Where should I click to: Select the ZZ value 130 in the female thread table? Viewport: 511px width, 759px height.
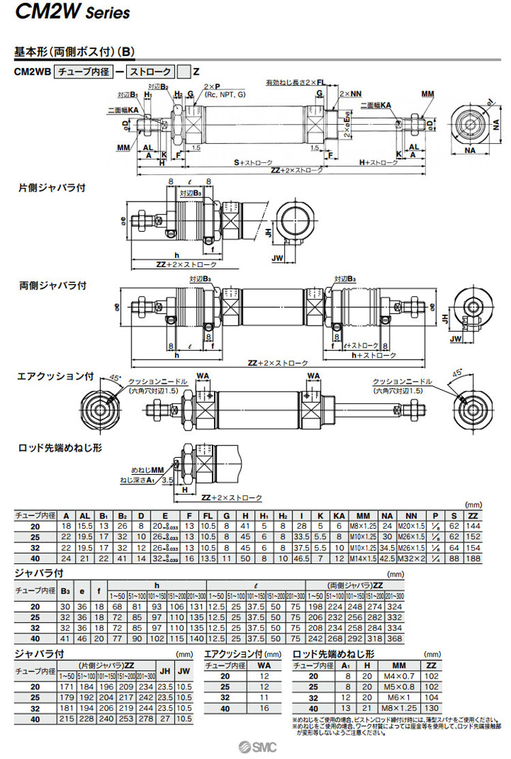[431, 710]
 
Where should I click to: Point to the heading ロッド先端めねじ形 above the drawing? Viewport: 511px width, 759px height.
[60, 448]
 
